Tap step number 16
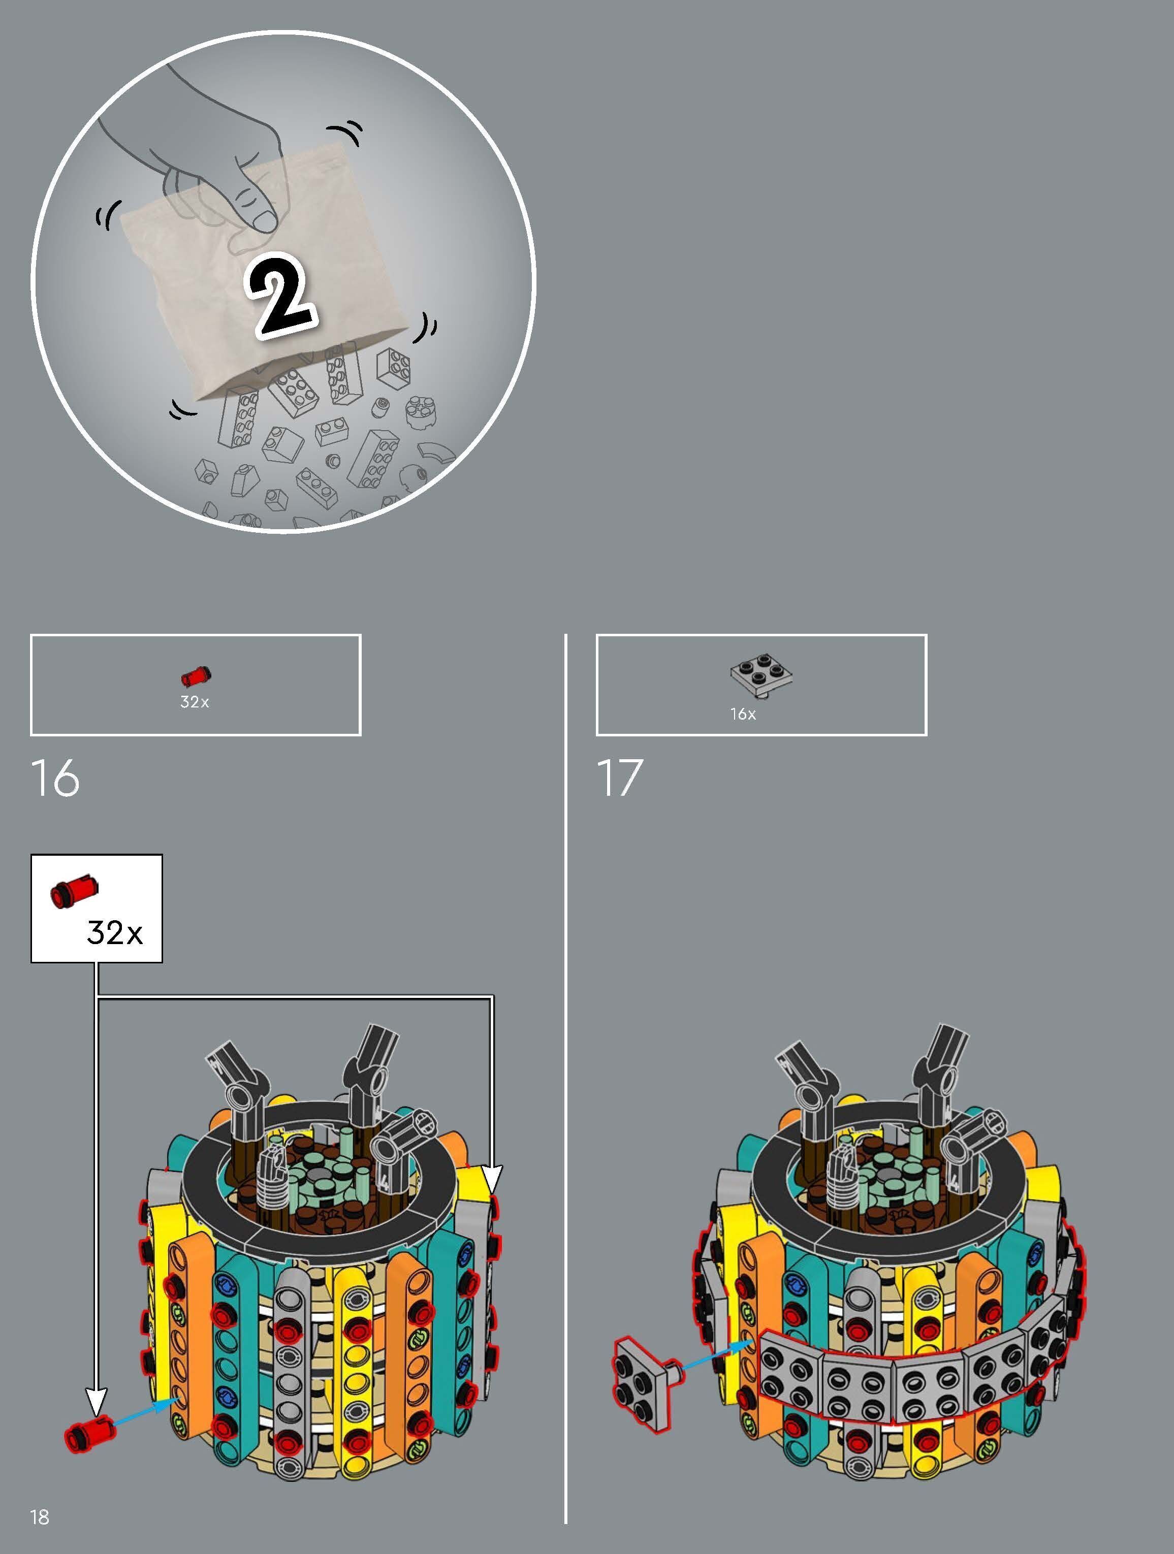(x=55, y=779)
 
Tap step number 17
(x=620, y=779)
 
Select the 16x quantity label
(x=743, y=714)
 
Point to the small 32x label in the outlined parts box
(x=195, y=702)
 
